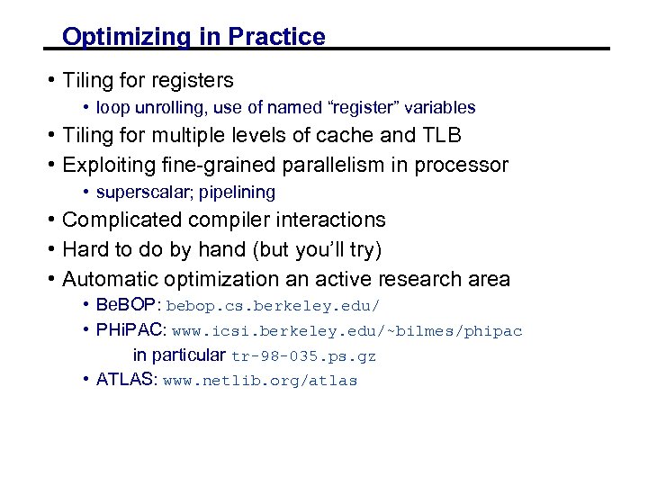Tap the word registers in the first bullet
point(192,81)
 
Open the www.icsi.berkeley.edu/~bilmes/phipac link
point(347,331)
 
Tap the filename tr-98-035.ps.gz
point(304,356)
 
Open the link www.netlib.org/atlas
point(260,381)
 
